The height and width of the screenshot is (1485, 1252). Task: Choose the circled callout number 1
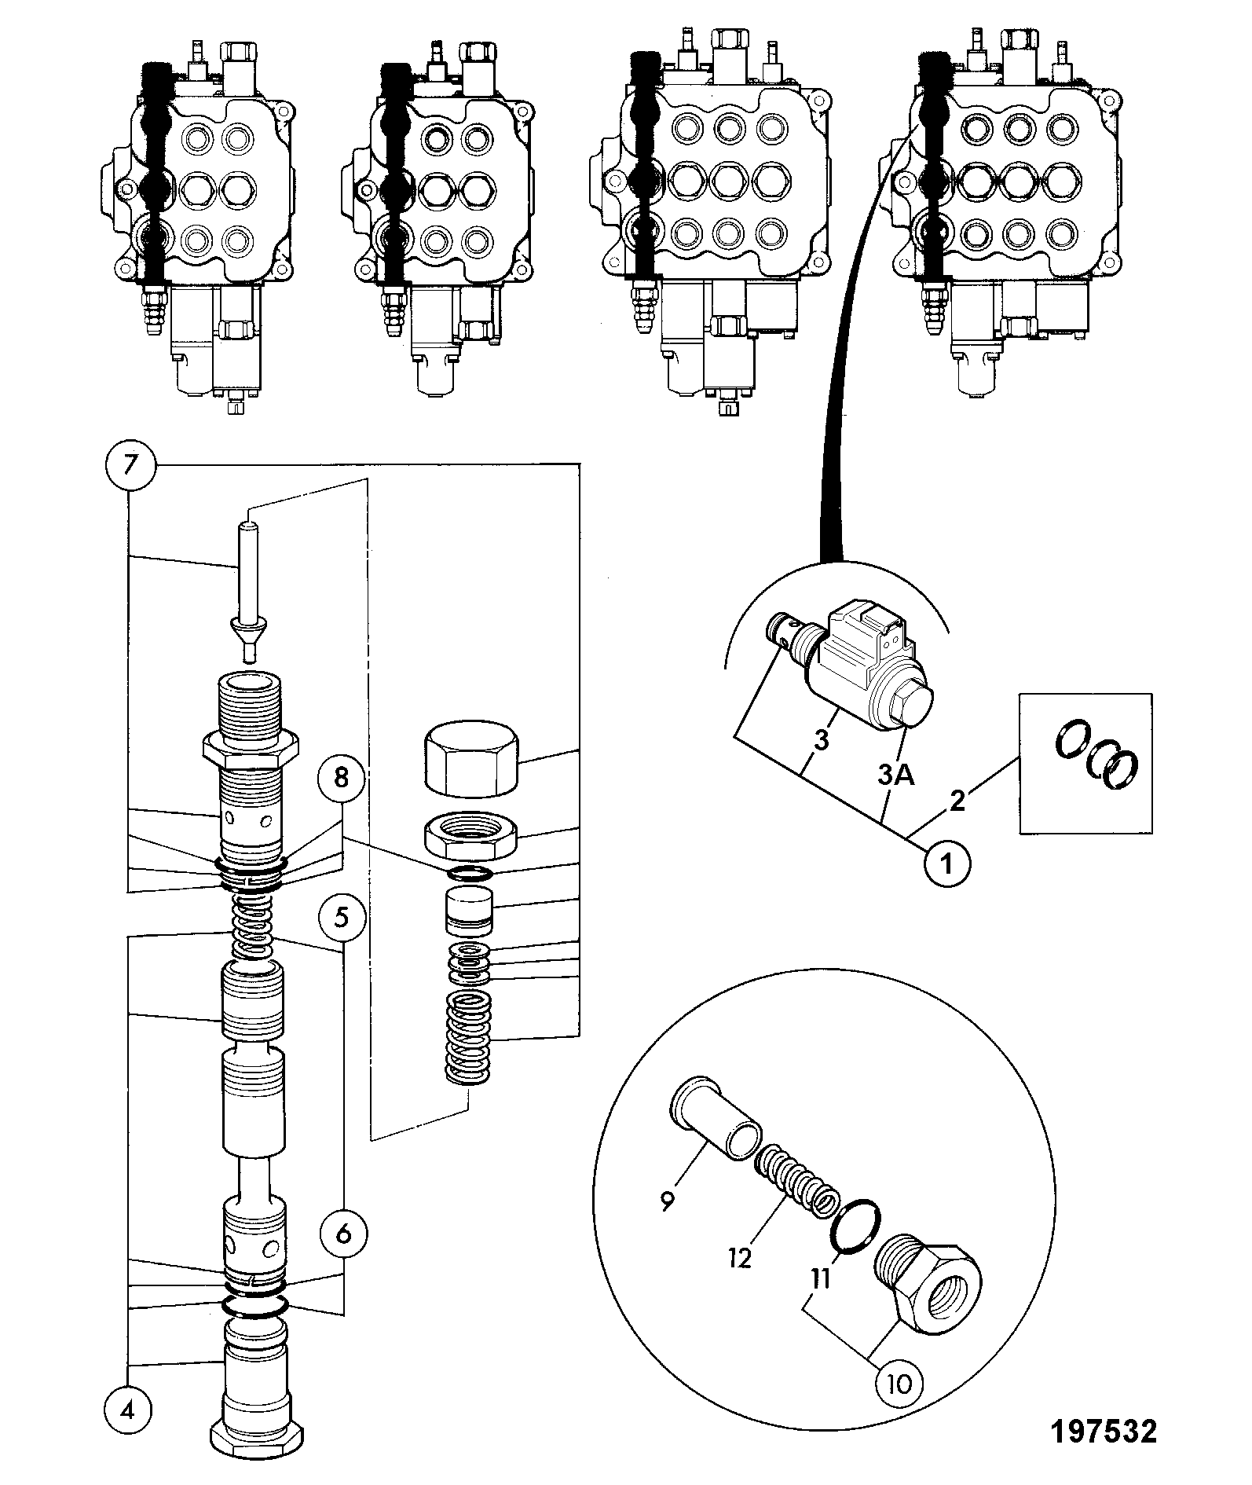[946, 864]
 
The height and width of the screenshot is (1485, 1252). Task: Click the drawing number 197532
[1104, 1431]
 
